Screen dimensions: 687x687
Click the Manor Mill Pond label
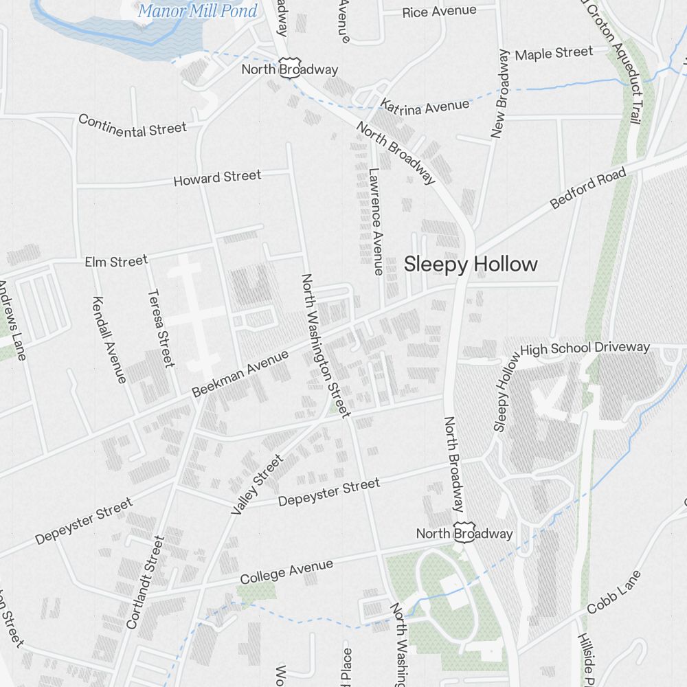click(x=197, y=11)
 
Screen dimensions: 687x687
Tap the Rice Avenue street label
click(x=439, y=12)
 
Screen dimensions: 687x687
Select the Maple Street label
click(x=554, y=53)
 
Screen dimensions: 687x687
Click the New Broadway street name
click(x=500, y=94)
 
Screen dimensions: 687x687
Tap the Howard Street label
click(x=217, y=178)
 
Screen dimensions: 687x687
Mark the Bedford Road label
click(x=589, y=188)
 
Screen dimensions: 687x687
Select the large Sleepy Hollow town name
click(x=471, y=264)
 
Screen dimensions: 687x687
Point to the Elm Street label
click(x=116, y=262)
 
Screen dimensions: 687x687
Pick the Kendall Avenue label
click(x=109, y=339)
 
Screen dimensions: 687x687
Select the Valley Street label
click(x=257, y=484)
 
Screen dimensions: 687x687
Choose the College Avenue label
click(x=286, y=572)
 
